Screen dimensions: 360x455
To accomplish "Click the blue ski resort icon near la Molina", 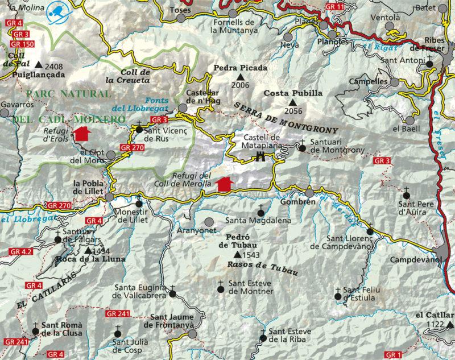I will (57, 10).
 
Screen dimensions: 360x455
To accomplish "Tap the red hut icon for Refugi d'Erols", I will (82, 134).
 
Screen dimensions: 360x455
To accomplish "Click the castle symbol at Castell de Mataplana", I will (262, 157).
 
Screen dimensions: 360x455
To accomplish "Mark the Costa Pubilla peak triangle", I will (291, 102).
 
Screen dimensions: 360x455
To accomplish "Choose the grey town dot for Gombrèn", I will (309, 193).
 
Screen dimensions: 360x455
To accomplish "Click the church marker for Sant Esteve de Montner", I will (221, 288).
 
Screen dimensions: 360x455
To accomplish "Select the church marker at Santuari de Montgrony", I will (302, 148).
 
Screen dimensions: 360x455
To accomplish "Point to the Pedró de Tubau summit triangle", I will (237, 254).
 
